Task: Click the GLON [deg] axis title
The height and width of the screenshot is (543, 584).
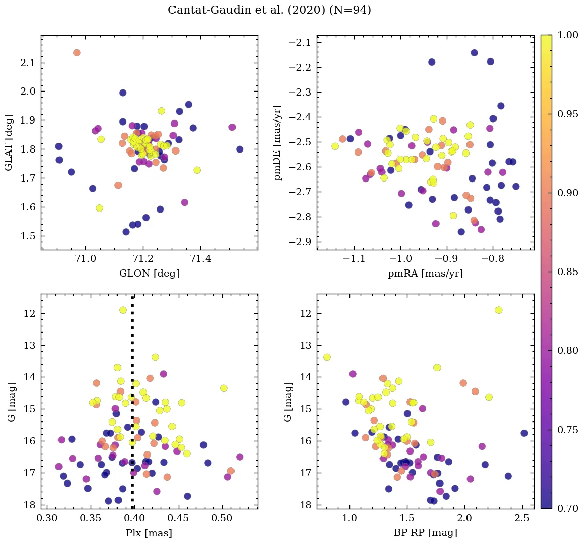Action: pos(149,274)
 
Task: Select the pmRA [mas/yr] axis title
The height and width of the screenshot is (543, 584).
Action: pos(425,274)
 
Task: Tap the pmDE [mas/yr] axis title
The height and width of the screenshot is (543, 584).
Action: pos(278,142)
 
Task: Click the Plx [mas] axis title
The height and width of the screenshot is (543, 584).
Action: pos(149,533)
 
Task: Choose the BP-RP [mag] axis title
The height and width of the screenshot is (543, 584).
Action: pos(425,533)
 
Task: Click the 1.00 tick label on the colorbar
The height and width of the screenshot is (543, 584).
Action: pos(567,35)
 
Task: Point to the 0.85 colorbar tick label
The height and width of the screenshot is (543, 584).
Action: pos(567,271)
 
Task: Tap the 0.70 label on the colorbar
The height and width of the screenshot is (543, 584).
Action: pos(567,508)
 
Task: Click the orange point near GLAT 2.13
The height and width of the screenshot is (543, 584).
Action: pos(77,53)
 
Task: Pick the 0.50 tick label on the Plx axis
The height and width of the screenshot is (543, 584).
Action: pos(222,519)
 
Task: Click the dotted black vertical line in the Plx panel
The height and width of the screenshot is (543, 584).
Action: pos(132,407)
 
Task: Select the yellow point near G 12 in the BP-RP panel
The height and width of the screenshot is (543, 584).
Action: pos(499,310)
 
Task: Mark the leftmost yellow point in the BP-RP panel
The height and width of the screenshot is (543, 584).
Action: pos(327,357)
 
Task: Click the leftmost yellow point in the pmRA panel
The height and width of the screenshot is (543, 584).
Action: pos(335,146)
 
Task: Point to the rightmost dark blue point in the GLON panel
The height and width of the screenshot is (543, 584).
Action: pos(240,149)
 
